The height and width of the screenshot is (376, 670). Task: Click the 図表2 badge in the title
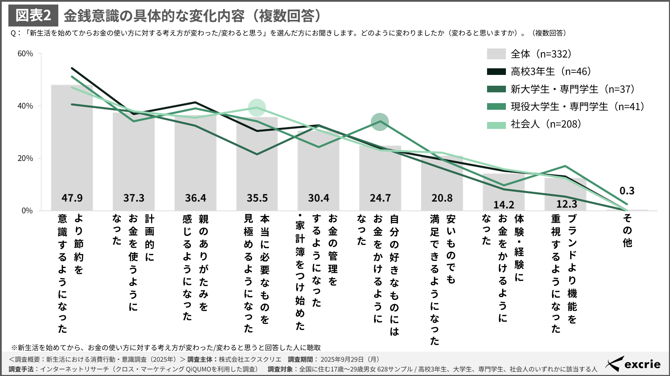[x=34, y=15]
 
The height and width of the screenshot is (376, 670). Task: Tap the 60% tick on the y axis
[x=25, y=54]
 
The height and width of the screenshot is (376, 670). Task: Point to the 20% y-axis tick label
[x=25, y=158]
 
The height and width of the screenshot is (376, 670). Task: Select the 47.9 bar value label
[x=72, y=198]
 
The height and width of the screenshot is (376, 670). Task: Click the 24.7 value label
[x=380, y=198]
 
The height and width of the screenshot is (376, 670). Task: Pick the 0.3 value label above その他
[x=627, y=191]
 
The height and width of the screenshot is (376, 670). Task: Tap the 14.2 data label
[x=503, y=205]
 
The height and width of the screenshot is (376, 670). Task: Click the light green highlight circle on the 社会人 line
[x=257, y=108]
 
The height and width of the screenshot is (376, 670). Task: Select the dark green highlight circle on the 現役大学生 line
[x=380, y=122]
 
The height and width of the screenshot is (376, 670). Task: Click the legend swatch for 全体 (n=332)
[x=496, y=54]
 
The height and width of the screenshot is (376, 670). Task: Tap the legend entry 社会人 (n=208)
[x=546, y=124]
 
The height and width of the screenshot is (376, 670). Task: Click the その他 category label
[x=627, y=230]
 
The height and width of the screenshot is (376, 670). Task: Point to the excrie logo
[x=633, y=364]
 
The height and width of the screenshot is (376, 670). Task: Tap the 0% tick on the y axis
[x=27, y=210]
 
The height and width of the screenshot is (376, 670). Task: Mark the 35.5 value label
[x=257, y=198]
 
